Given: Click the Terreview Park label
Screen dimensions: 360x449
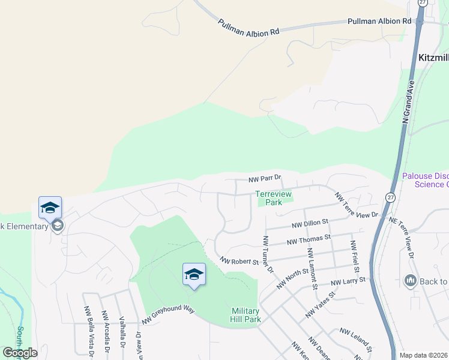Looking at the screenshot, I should [273, 198].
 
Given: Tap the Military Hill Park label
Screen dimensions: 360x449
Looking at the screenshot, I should [246, 315].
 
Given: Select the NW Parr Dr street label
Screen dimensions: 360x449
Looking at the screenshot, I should [265, 179].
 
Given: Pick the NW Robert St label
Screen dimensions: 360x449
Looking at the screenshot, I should [239, 261].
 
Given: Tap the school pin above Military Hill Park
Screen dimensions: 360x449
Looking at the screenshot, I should [194, 275].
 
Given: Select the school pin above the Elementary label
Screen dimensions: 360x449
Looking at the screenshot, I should [50, 208].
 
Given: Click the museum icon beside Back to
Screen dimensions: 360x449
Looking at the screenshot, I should [411, 280].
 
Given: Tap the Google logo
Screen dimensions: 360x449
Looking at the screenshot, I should [20, 353].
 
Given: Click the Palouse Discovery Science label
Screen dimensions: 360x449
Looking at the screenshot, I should [425, 180].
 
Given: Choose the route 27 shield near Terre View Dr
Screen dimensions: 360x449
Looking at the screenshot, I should [390, 197].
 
